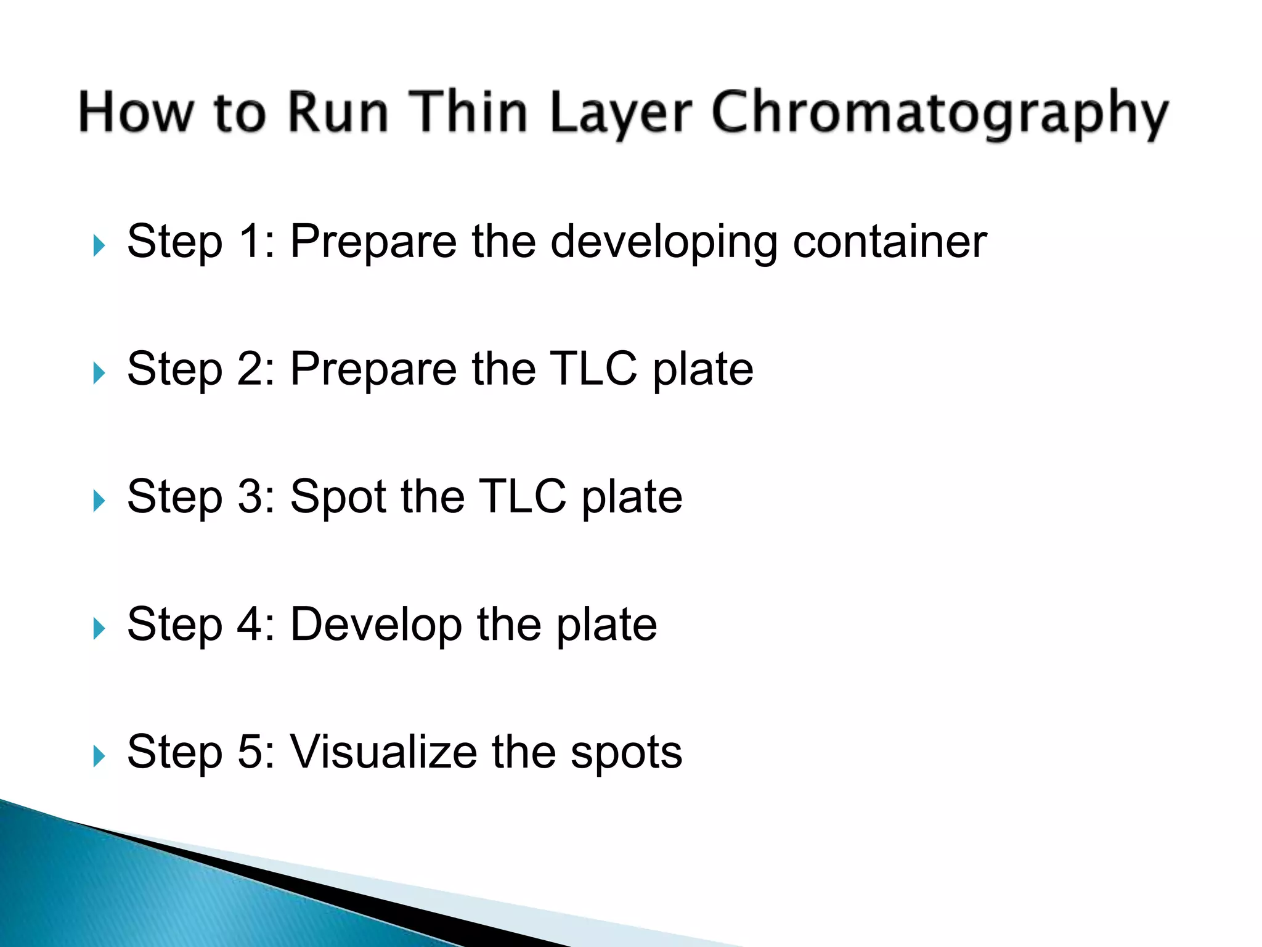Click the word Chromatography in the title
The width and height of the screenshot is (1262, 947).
pos(939,114)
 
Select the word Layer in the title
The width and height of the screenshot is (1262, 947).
pos(621,114)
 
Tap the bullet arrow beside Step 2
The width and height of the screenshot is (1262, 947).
pos(99,373)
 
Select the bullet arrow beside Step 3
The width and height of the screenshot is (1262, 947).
pos(99,501)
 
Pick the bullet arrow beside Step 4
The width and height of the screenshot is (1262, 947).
pos(99,628)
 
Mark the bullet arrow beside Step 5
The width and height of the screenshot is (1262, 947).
pos(99,756)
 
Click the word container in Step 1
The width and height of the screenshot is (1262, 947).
pos(890,241)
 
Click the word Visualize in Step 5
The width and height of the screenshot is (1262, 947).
pos(383,752)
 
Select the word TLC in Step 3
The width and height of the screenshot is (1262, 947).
pos(522,496)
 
